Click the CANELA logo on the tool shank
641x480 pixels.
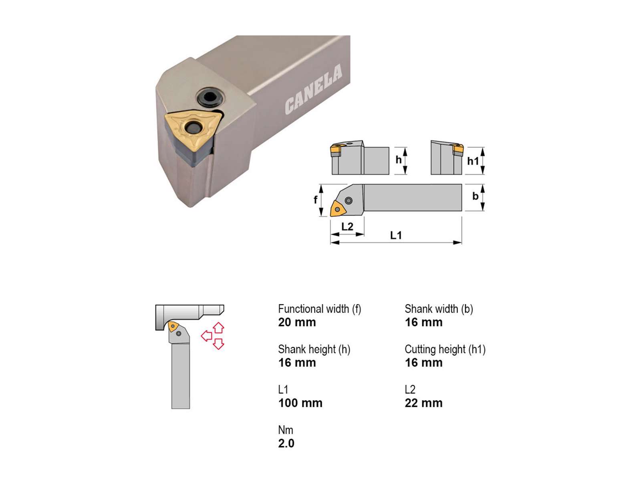313,89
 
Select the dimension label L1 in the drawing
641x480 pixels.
396,235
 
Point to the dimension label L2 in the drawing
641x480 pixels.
347,226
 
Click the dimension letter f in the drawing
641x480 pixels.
315,200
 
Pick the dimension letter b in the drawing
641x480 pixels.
476,196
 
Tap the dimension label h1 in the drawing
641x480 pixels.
473,160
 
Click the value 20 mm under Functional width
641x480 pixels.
297,322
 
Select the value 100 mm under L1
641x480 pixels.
300,403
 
